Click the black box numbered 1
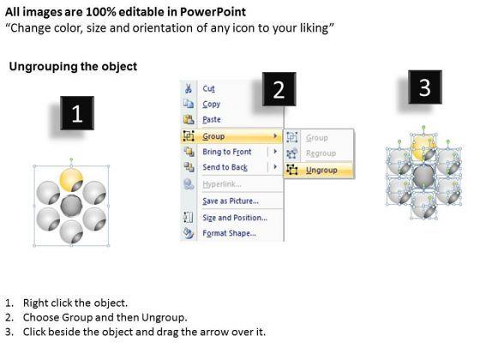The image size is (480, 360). [x=77, y=113]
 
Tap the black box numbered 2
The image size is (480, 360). [x=279, y=89]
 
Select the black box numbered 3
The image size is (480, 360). [x=425, y=87]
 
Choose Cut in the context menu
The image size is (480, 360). [x=209, y=88]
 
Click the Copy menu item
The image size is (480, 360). [x=211, y=104]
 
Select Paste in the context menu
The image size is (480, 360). [x=212, y=119]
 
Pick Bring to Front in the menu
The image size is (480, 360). [x=227, y=152]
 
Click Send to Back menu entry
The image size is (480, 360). [x=225, y=167]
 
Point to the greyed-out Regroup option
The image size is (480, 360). [x=321, y=153]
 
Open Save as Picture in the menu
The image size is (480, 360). [x=231, y=201]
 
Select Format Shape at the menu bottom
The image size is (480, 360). [x=230, y=233]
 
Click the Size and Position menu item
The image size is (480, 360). [x=235, y=218]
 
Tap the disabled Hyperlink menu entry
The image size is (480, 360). [x=222, y=184]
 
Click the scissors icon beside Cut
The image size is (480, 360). [x=189, y=88]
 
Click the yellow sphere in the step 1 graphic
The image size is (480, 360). [x=71, y=180]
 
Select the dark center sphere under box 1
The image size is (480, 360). [x=71, y=206]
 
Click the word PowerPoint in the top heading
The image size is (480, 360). [x=213, y=12]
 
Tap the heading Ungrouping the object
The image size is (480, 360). [x=73, y=67]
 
